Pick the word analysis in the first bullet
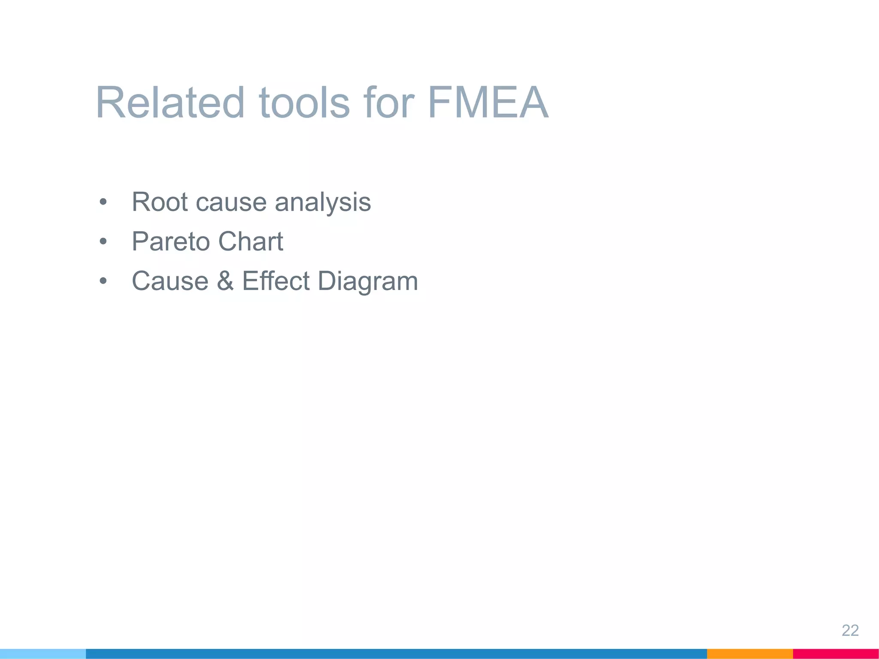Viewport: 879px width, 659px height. click(323, 203)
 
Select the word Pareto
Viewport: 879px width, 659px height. click(170, 242)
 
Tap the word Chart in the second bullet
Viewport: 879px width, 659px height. click(251, 241)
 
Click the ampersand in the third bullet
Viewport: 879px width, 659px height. click(225, 281)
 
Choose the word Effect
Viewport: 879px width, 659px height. click(276, 281)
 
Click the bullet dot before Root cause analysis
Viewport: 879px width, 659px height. click(103, 202)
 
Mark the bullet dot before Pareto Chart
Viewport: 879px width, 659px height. click(103, 242)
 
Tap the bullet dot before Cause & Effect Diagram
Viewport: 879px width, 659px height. click(103, 281)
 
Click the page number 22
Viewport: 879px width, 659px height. click(850, 630)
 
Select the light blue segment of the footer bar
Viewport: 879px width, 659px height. click(43, 654)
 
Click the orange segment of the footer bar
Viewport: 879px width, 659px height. click(749, 654)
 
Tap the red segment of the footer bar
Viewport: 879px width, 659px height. click(836, 654)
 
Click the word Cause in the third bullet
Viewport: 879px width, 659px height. click(170, 281)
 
